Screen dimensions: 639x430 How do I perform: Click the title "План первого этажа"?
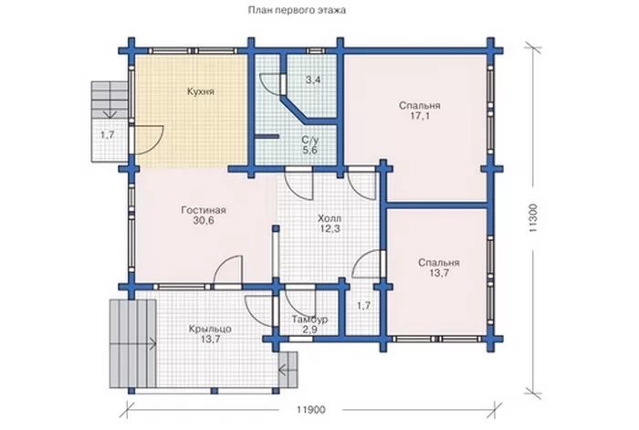[297, 10]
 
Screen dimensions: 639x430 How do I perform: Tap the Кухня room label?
[201, 91]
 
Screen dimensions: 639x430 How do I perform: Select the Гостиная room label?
[204, 210]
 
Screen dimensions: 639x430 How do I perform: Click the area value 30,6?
[204, 221]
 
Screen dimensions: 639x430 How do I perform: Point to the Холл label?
[330, 218]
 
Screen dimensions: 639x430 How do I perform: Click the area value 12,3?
[330, 228]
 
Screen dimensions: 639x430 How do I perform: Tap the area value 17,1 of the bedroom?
[420, 116]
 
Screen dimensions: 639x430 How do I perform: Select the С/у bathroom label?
[310, 140]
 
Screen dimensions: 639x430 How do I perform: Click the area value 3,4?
[313, 80]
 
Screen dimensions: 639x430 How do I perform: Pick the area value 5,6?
[309, 150]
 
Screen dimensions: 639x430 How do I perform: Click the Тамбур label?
[310, 320]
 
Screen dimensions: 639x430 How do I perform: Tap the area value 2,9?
[310, 330]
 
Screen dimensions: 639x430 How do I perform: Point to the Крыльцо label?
[210, 329]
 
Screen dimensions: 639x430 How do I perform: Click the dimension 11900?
[311, 410]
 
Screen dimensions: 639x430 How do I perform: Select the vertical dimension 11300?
[534, 218]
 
